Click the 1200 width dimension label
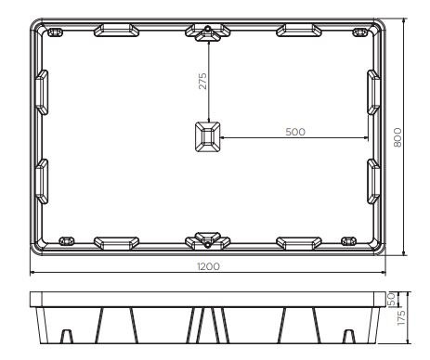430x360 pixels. (x=208, y=266)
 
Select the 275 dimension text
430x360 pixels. (x=203, y=81)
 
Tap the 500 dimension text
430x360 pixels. (x=295, y=132)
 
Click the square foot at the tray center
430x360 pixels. (x=208, y=138)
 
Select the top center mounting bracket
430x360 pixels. (x=208, y=32)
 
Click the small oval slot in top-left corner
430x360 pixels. (x=55, y=32)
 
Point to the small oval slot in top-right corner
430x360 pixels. (x=361, y=32)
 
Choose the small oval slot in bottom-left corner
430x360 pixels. (x=67, y=240)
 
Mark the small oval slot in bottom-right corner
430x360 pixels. (x=350, y=240)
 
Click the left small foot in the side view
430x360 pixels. (x=68, y=335)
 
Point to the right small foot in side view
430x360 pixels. (x=348, y=335)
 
